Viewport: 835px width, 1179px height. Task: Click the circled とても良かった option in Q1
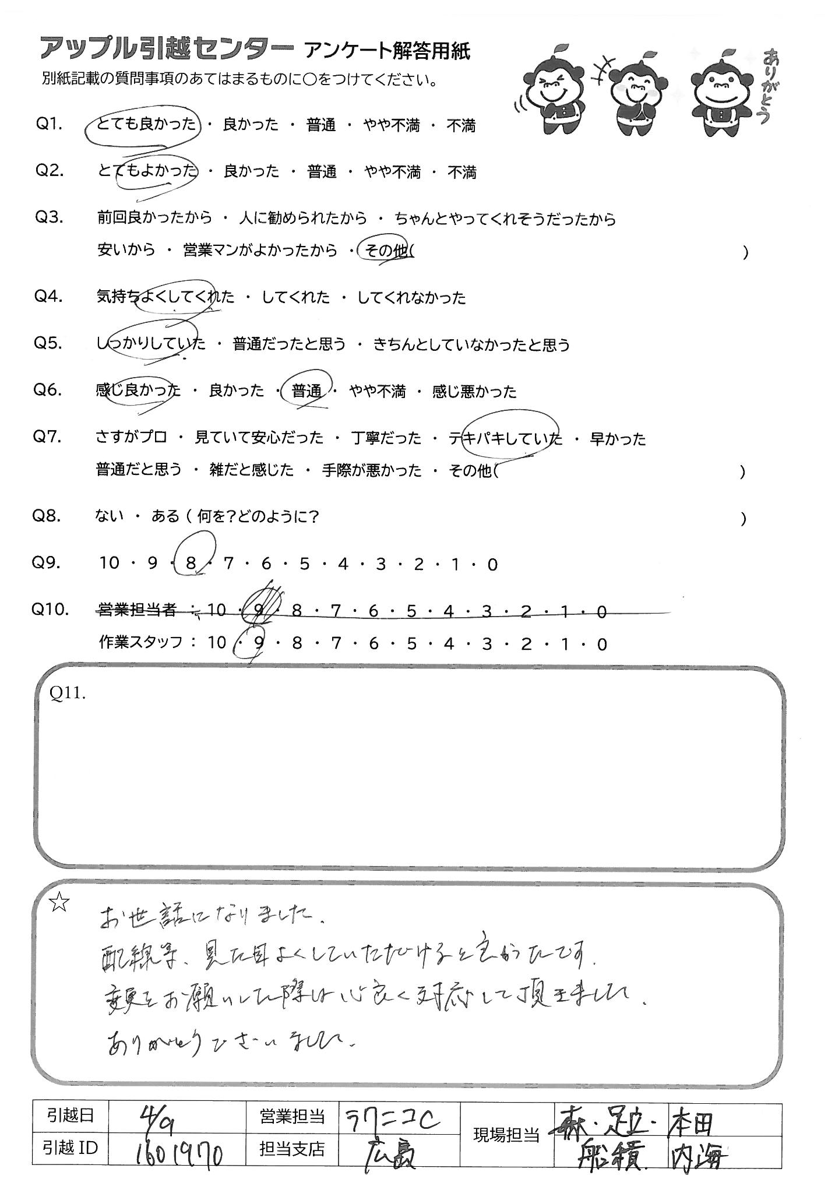pyautogui.click(x=146, y=125)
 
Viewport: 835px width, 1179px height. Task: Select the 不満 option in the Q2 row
pyautogui.click(x=461, y=172)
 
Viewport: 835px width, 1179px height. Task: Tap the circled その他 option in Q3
pyautogui.click(x=385, y=251)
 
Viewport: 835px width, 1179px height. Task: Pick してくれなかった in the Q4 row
pyautogui.click(x=411, y=298)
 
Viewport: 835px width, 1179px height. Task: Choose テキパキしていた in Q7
pyautogui.click(x=506, y=438)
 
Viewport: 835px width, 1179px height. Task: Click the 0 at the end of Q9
pyautogui.click(x=492, y=564)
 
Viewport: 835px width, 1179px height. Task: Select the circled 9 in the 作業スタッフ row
pyautogui.click(x=259, y=643)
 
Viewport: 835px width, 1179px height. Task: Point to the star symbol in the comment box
pyautogui.click(x=59, y=903)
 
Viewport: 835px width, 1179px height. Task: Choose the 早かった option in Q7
pyautogui.click(x=618, y=438)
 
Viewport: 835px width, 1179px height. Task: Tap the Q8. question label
pyautogui.click(x=48, y=516)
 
